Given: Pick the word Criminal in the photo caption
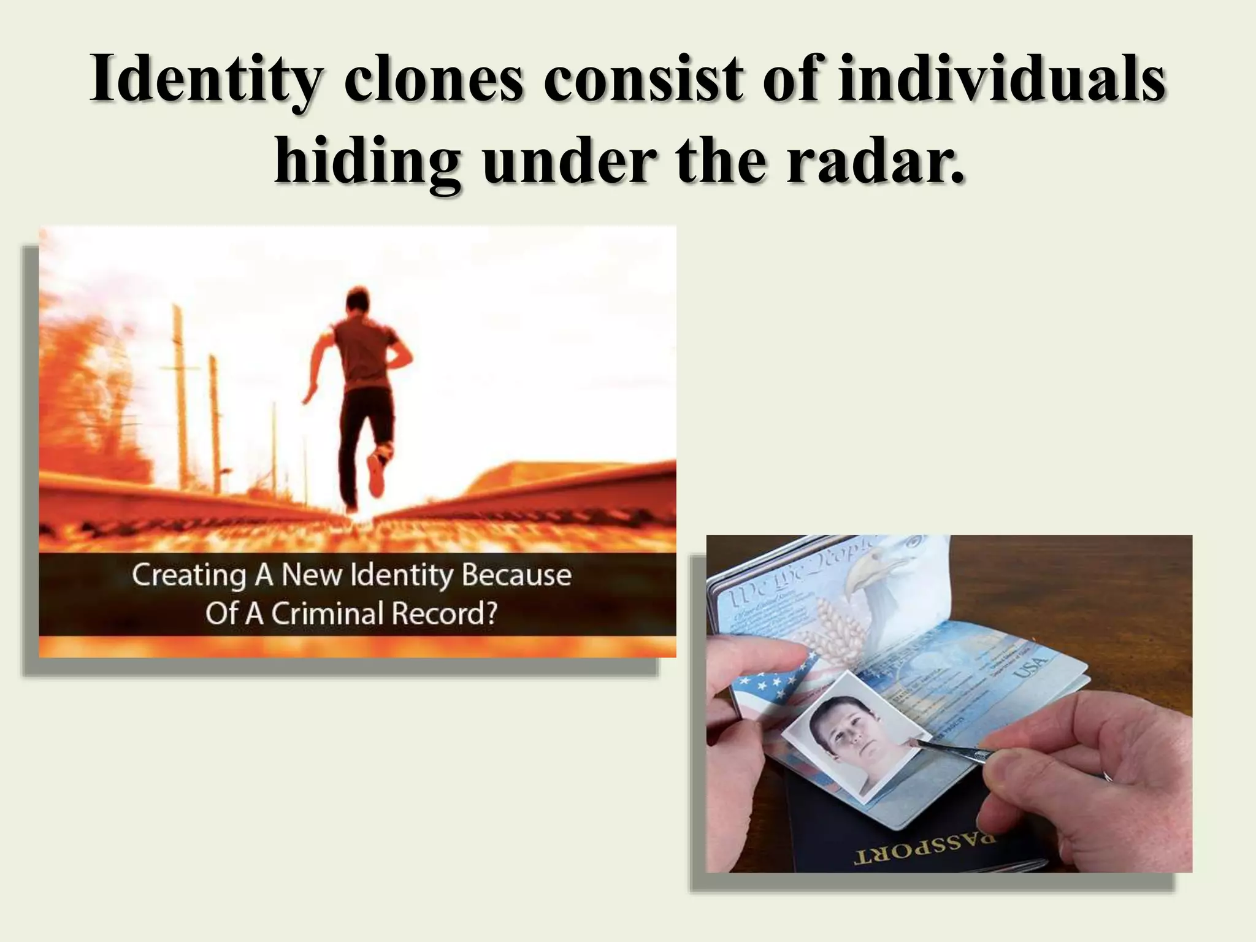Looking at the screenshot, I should pyautogui.click(x=328, y=613).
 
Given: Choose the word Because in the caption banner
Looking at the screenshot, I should pyautogui.click(x=516, y=575).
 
